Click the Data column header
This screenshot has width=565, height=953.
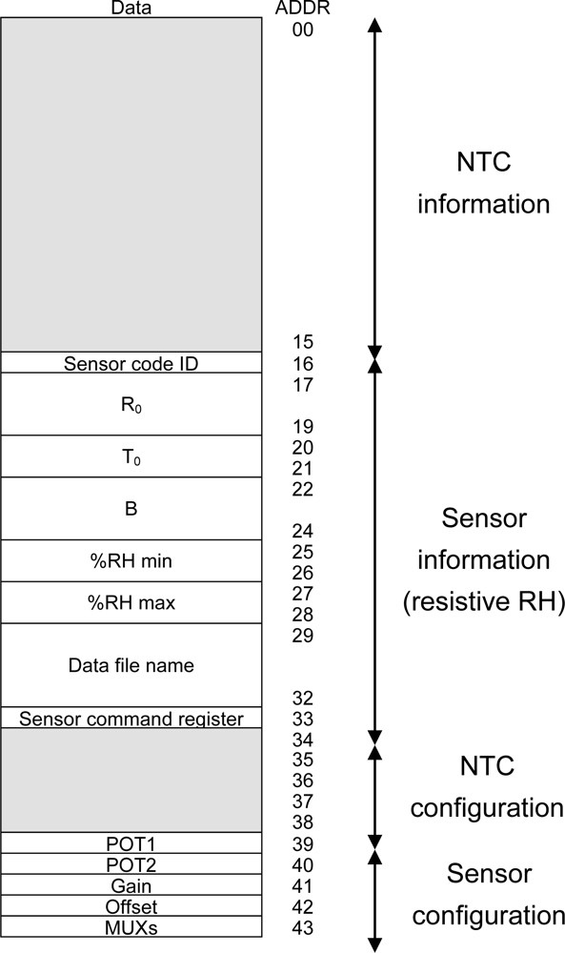(x=131, y=9)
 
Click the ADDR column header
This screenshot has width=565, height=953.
(x=302, y=9)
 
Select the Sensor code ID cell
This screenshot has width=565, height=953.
(x=131, y=363)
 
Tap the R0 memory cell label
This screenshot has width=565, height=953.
(x=131, y=404)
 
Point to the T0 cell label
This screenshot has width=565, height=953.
(x=131, y=456)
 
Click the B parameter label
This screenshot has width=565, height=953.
(x=131, y=509)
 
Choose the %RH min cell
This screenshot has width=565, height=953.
(x=131, y=561)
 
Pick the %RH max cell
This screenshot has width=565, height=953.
(x=131, y=603)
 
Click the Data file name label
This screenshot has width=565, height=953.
(x=131, y=665)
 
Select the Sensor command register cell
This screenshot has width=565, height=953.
(x=131, y=718)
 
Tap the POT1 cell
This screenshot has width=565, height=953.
(x=131, y=843)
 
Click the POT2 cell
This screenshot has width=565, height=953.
(x=131, y=864)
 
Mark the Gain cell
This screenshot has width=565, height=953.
(x=131, y=885)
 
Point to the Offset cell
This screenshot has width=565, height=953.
(x=131, y=906)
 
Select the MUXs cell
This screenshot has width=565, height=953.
(x=131, y=926)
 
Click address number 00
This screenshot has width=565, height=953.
(x=302, y=30)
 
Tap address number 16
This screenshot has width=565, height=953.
(x=302, y=363)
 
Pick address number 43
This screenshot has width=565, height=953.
(x=302, y=927)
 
